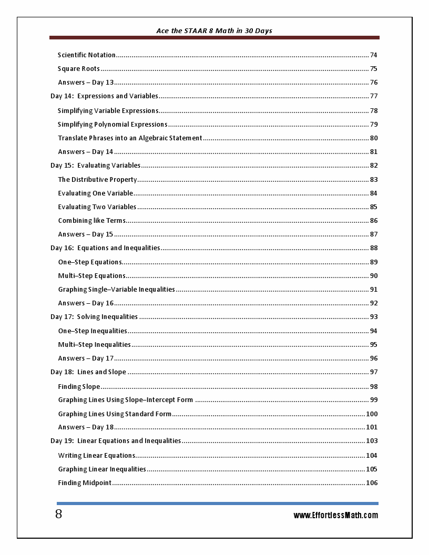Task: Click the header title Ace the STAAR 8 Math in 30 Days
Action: coord(214,30)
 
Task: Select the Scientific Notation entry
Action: coord(87,55)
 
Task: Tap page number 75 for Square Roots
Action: coord(373,69)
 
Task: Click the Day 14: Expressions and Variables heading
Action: coord(104,96)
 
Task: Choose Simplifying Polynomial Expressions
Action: coord(113,125)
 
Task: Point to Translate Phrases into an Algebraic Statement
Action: coord(130,138)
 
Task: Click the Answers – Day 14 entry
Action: coord(85,152)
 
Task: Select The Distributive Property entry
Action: coord(97,180)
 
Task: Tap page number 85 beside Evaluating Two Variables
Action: coord(373,207)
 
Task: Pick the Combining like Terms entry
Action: coord(91,221)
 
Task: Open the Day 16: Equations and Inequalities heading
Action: coord(105,248)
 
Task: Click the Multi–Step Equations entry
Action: coord(91,276)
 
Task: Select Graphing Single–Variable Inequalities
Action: coord(116,290)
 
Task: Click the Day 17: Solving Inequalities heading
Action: coord(94,317)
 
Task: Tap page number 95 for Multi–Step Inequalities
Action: coord(373,345)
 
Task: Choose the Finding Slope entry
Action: coord(79,387)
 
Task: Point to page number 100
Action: coord(372,414)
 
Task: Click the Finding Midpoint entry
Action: coord(85,483)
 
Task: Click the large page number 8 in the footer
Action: coord(58,515)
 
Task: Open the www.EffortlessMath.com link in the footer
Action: coord(335,516)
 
